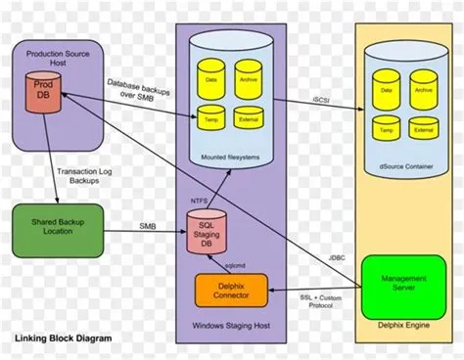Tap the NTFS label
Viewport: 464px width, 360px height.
click(199, 200)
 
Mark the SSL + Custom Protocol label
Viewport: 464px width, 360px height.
click(318, 299)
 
